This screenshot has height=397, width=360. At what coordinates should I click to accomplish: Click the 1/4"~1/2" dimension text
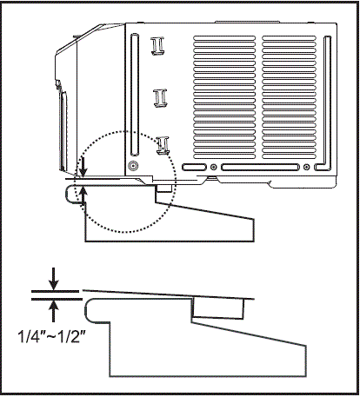[52, 336]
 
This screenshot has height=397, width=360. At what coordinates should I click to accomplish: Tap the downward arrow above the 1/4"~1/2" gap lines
[53, 279]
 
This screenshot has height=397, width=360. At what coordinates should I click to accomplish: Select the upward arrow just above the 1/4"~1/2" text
[53, 311]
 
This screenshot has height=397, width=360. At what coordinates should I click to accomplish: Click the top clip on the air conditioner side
[157, 46]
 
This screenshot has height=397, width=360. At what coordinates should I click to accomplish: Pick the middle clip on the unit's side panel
[160, 98]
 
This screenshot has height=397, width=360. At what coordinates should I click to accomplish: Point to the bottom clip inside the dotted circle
[163, 145]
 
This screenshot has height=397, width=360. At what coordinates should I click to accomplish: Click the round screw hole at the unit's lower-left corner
[133, 166]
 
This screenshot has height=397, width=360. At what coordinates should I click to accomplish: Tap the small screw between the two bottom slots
[214, 167]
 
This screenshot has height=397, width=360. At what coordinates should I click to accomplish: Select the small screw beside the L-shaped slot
[307, 167]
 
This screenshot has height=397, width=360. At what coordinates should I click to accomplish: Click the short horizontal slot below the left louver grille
[194, 167]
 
